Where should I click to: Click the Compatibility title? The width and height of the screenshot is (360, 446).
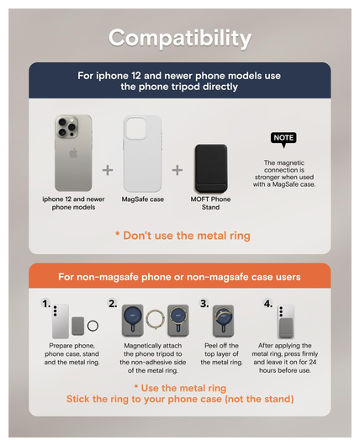(x=180, y=39)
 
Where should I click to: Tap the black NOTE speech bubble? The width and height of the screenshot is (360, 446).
(x=283, y=139)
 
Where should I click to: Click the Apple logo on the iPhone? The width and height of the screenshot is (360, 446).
(x=73, y=154)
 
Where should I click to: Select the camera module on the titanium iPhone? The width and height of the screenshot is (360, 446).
(x=66, y=126)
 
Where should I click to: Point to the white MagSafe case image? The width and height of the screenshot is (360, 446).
(x=142, y=154)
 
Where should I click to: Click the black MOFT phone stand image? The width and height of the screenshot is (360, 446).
(x=211, y=168)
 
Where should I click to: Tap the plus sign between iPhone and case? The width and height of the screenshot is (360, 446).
(x=108, y=170)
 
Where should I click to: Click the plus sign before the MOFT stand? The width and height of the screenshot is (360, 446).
(x=177, y=170)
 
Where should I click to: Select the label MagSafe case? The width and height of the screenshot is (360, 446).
(x=143, y=199)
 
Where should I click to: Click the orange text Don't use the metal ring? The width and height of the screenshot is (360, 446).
(x=183, y=236)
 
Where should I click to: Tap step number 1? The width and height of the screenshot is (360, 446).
(x=46, y=304)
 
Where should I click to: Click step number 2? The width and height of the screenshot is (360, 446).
(x=113, y=304)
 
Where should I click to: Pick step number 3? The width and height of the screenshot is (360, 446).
(x=204, y=304)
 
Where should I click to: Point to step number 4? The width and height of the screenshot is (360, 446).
(x=267, y=304)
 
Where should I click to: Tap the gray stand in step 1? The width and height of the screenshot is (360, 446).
(x=77, y=326)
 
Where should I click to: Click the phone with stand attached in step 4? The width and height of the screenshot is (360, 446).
(x=285, y=321)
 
